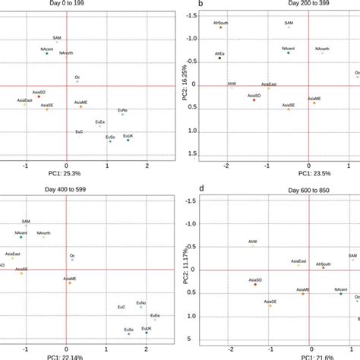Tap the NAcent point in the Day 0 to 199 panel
click(47, 54)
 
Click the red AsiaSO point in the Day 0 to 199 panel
click(39, 96)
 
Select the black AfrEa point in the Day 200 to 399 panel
click(220, 58)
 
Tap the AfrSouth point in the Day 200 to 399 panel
click(221, 28)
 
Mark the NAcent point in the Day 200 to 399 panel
click(289, 53)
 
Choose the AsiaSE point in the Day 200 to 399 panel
click(289, 109)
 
